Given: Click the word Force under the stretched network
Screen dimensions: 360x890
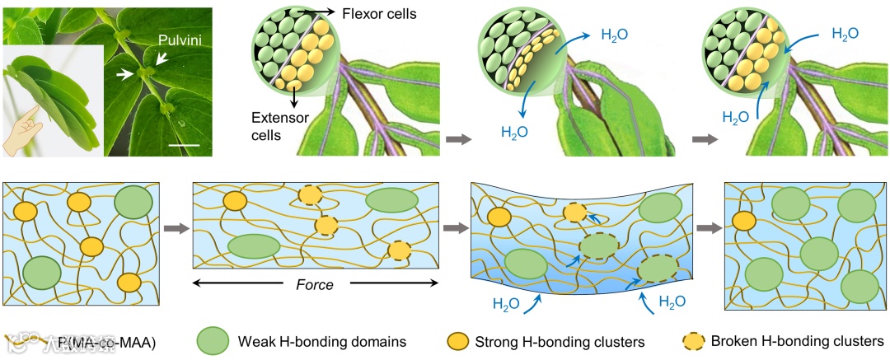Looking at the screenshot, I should (x=315, y=285).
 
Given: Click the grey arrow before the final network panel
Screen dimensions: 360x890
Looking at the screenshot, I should (x=706, y=228).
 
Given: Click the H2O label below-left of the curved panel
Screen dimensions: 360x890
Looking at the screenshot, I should (x=506, y=302).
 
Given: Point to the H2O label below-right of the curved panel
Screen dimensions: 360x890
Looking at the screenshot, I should (x=672, y=302).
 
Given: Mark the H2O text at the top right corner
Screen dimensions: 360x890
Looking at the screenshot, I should (x=845, y=34).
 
